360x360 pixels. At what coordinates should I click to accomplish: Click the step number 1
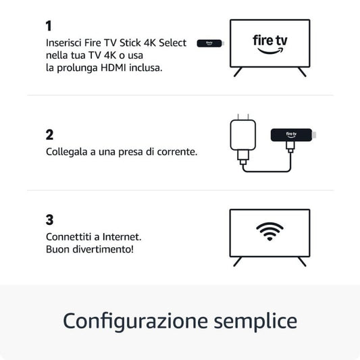point(49,26)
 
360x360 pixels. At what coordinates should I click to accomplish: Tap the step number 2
point(49,134)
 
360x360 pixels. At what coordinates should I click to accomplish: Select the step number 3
point(49,220)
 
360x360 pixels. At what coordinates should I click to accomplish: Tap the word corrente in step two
point(178,152)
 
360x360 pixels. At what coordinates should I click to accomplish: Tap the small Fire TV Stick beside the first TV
point(209,43)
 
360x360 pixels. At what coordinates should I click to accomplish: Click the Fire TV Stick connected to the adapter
point(292,134)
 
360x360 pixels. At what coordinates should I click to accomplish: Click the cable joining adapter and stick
point(267,170)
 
